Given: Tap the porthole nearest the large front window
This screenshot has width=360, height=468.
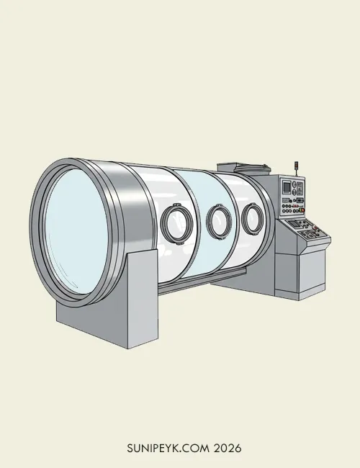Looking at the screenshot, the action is click(x=176, y=223).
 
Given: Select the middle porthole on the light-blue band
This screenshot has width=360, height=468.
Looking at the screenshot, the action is click(x=219, y=221).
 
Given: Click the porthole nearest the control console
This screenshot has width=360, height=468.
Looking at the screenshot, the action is click(x=253, y=218).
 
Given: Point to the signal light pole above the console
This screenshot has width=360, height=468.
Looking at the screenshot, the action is click(x=297, y=169).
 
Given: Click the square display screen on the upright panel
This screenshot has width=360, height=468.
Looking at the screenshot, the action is click(x=287, y=187).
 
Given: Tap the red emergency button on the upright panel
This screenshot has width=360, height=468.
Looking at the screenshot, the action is click(x=302, y=210).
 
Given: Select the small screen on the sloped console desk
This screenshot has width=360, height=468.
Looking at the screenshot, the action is click(x=294, y=223).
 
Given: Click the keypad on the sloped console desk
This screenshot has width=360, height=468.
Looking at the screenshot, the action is click(x=307, y=234).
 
